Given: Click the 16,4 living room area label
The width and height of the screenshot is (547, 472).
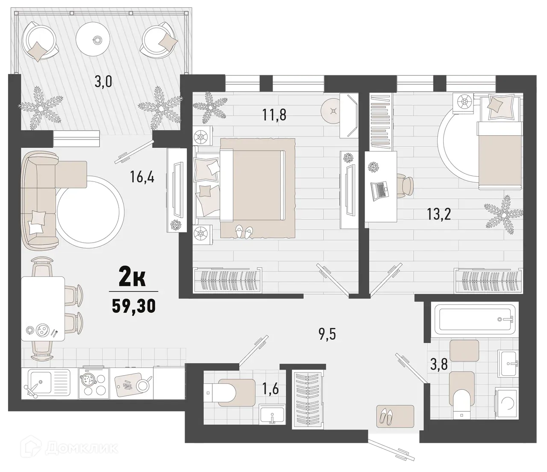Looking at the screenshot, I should [142, 176].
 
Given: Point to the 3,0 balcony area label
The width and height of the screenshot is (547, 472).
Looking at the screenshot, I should [103, 81].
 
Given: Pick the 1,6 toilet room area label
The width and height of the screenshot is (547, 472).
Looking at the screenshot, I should [270, 389].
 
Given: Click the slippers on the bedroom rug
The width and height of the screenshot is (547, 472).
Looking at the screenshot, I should [243, 232].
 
